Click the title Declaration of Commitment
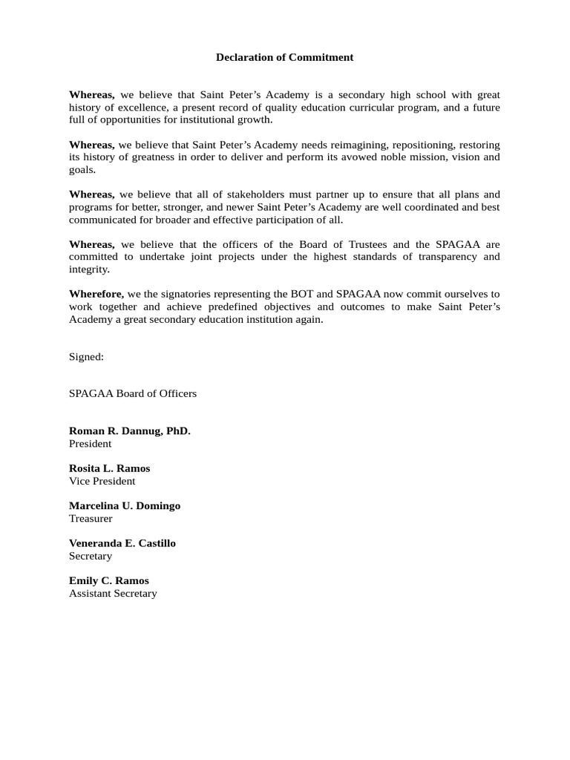coord(284,57)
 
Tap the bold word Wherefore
coord(96,294)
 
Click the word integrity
coord(89,269)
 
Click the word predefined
coord(246,307)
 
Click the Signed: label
coord(86,356)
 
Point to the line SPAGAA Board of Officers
coord(133,393)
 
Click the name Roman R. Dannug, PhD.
coord(130,431)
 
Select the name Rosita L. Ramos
coord(109,468)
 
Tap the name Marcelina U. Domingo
coord(125,506)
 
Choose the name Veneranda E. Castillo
coord(122,543)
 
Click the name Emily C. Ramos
coord(109,580)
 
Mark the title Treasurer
coord(91,519)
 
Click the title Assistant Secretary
coord(113,593)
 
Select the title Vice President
coord(102,481)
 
